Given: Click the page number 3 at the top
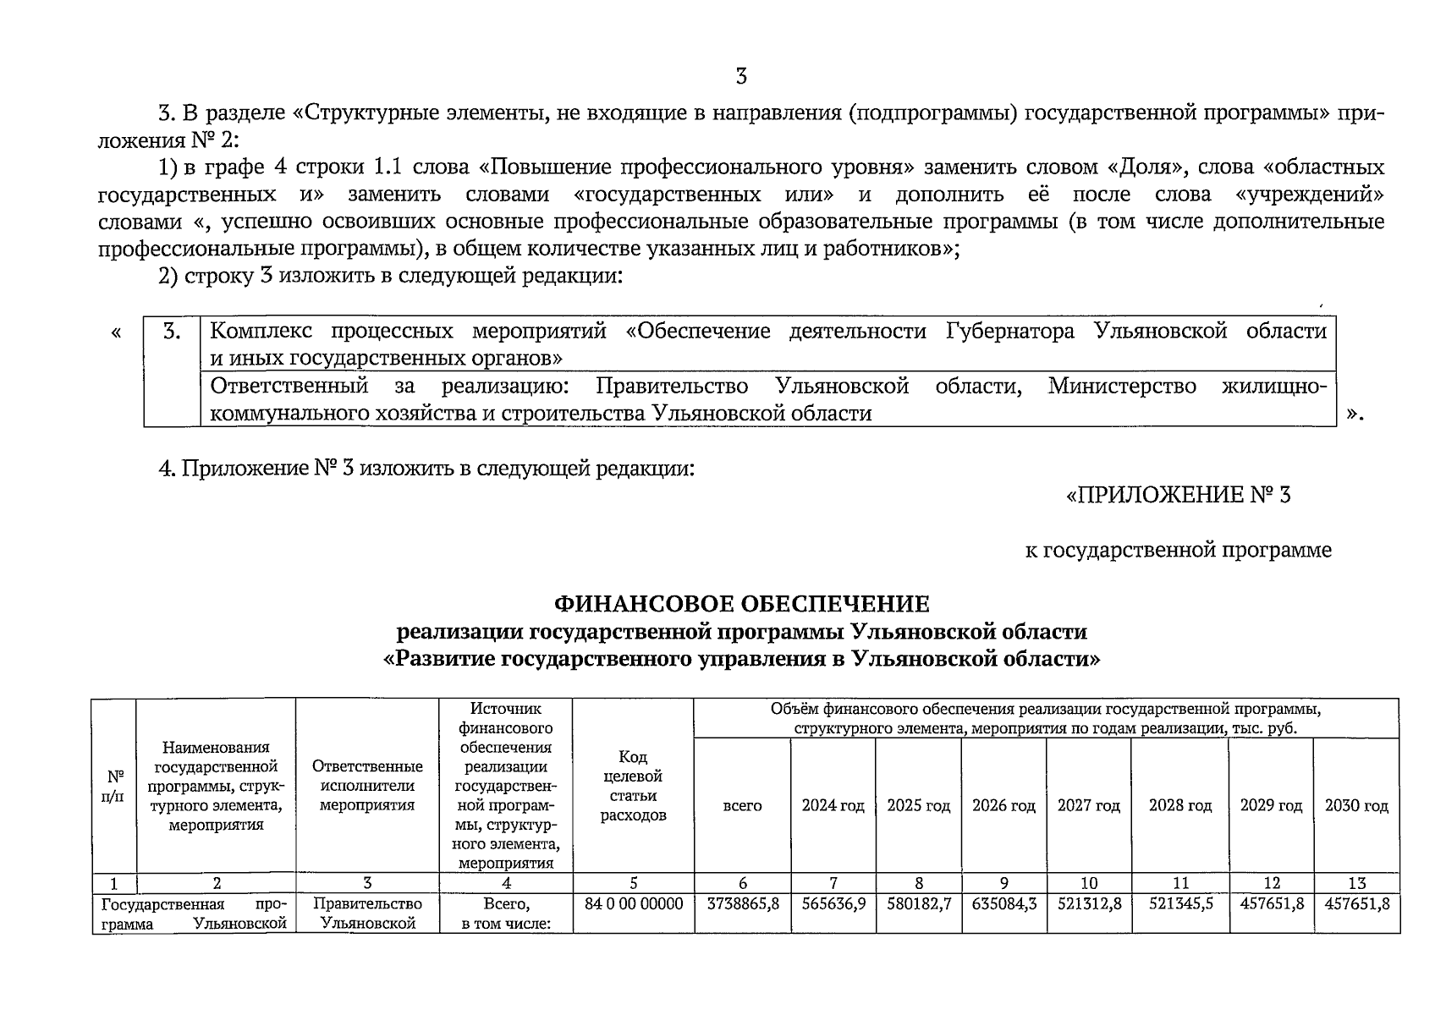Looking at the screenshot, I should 741,77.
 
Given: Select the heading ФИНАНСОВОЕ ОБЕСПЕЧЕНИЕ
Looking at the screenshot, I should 741,604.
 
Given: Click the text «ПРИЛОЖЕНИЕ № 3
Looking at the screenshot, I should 1178,495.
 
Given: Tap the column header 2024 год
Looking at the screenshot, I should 833,806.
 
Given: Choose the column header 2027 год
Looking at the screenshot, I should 1088,806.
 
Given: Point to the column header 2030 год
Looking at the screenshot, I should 1356,806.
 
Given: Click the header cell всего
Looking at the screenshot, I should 742,806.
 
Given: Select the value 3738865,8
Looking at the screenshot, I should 743,903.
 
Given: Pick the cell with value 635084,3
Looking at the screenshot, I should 1003,903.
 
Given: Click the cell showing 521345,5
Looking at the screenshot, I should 1180,903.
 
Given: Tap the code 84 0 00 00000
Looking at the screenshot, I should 634,903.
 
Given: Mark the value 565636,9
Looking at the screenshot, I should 833,903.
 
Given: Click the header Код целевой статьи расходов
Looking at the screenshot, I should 633,786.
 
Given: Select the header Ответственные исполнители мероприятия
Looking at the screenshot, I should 367,786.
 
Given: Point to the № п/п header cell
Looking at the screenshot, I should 114,786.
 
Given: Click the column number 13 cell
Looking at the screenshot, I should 1356,883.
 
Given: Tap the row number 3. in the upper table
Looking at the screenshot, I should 172,332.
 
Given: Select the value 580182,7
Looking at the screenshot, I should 919,903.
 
